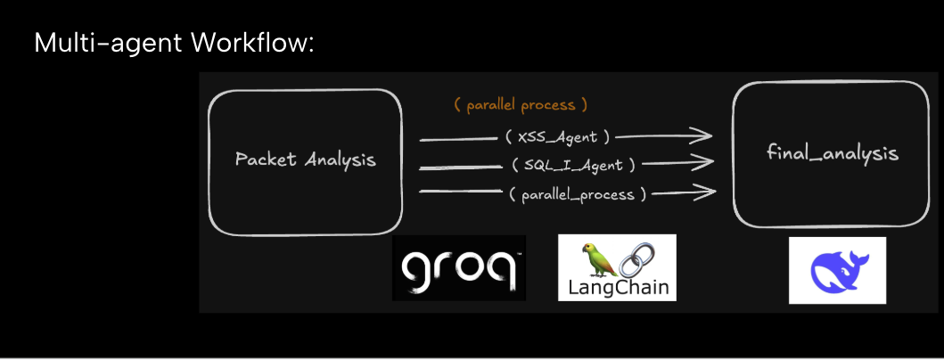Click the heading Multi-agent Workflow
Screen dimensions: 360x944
174,43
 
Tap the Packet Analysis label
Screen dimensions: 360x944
305,160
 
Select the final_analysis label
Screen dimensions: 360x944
832,153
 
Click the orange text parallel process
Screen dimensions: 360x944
521,105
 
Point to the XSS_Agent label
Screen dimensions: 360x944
556,137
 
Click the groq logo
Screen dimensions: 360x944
458,267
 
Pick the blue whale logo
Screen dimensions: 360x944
837,270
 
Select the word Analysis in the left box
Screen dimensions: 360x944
341,160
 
